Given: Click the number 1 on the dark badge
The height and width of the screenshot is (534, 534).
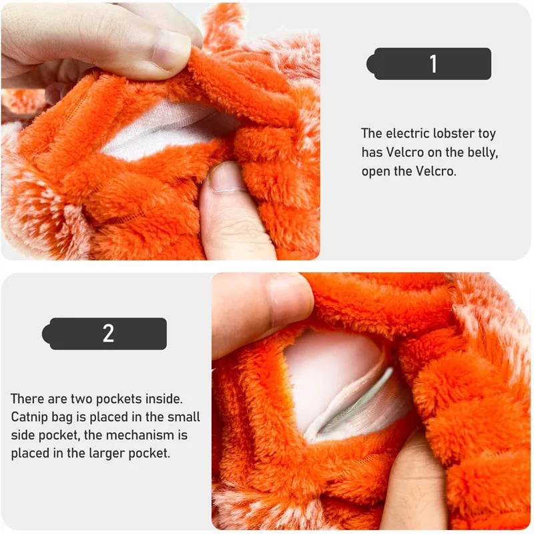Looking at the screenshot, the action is (433, 63).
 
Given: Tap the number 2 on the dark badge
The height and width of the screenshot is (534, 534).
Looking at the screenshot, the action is (108, 333).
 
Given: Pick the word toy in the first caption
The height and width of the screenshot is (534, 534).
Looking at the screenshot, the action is (487, 134).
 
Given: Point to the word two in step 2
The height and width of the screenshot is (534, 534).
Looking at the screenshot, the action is (79, 398).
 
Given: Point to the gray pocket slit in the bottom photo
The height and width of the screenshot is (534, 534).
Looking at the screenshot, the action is (354, 405).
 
